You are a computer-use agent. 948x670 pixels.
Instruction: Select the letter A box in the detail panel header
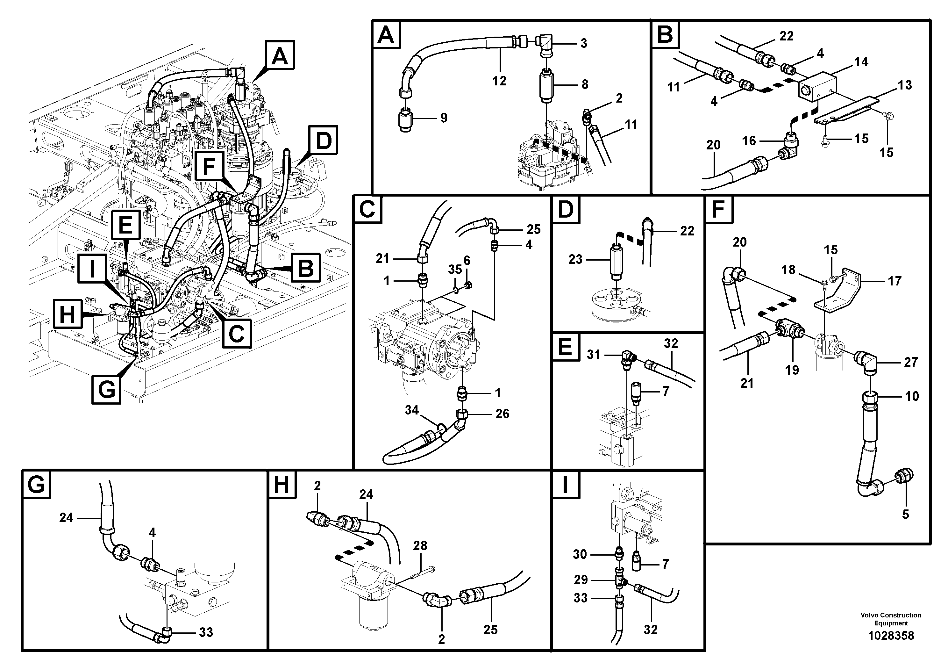(386, 35)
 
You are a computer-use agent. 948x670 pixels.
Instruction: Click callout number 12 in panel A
(499, 81)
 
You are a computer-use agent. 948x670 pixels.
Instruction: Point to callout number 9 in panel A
(444, 118)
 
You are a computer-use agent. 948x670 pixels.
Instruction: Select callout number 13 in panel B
(905, 85)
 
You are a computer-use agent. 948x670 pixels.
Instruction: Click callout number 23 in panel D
(575, 259)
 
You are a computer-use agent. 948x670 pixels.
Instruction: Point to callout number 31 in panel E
(593, 354)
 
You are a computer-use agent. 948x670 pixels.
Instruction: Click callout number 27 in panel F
(910, 362)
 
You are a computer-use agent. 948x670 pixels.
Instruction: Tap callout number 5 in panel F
(905, 514)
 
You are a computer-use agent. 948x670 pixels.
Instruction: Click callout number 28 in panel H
(420, 546)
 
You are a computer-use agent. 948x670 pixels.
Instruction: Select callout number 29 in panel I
(581, 580)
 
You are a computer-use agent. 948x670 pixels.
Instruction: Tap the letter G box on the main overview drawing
(107, 389)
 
